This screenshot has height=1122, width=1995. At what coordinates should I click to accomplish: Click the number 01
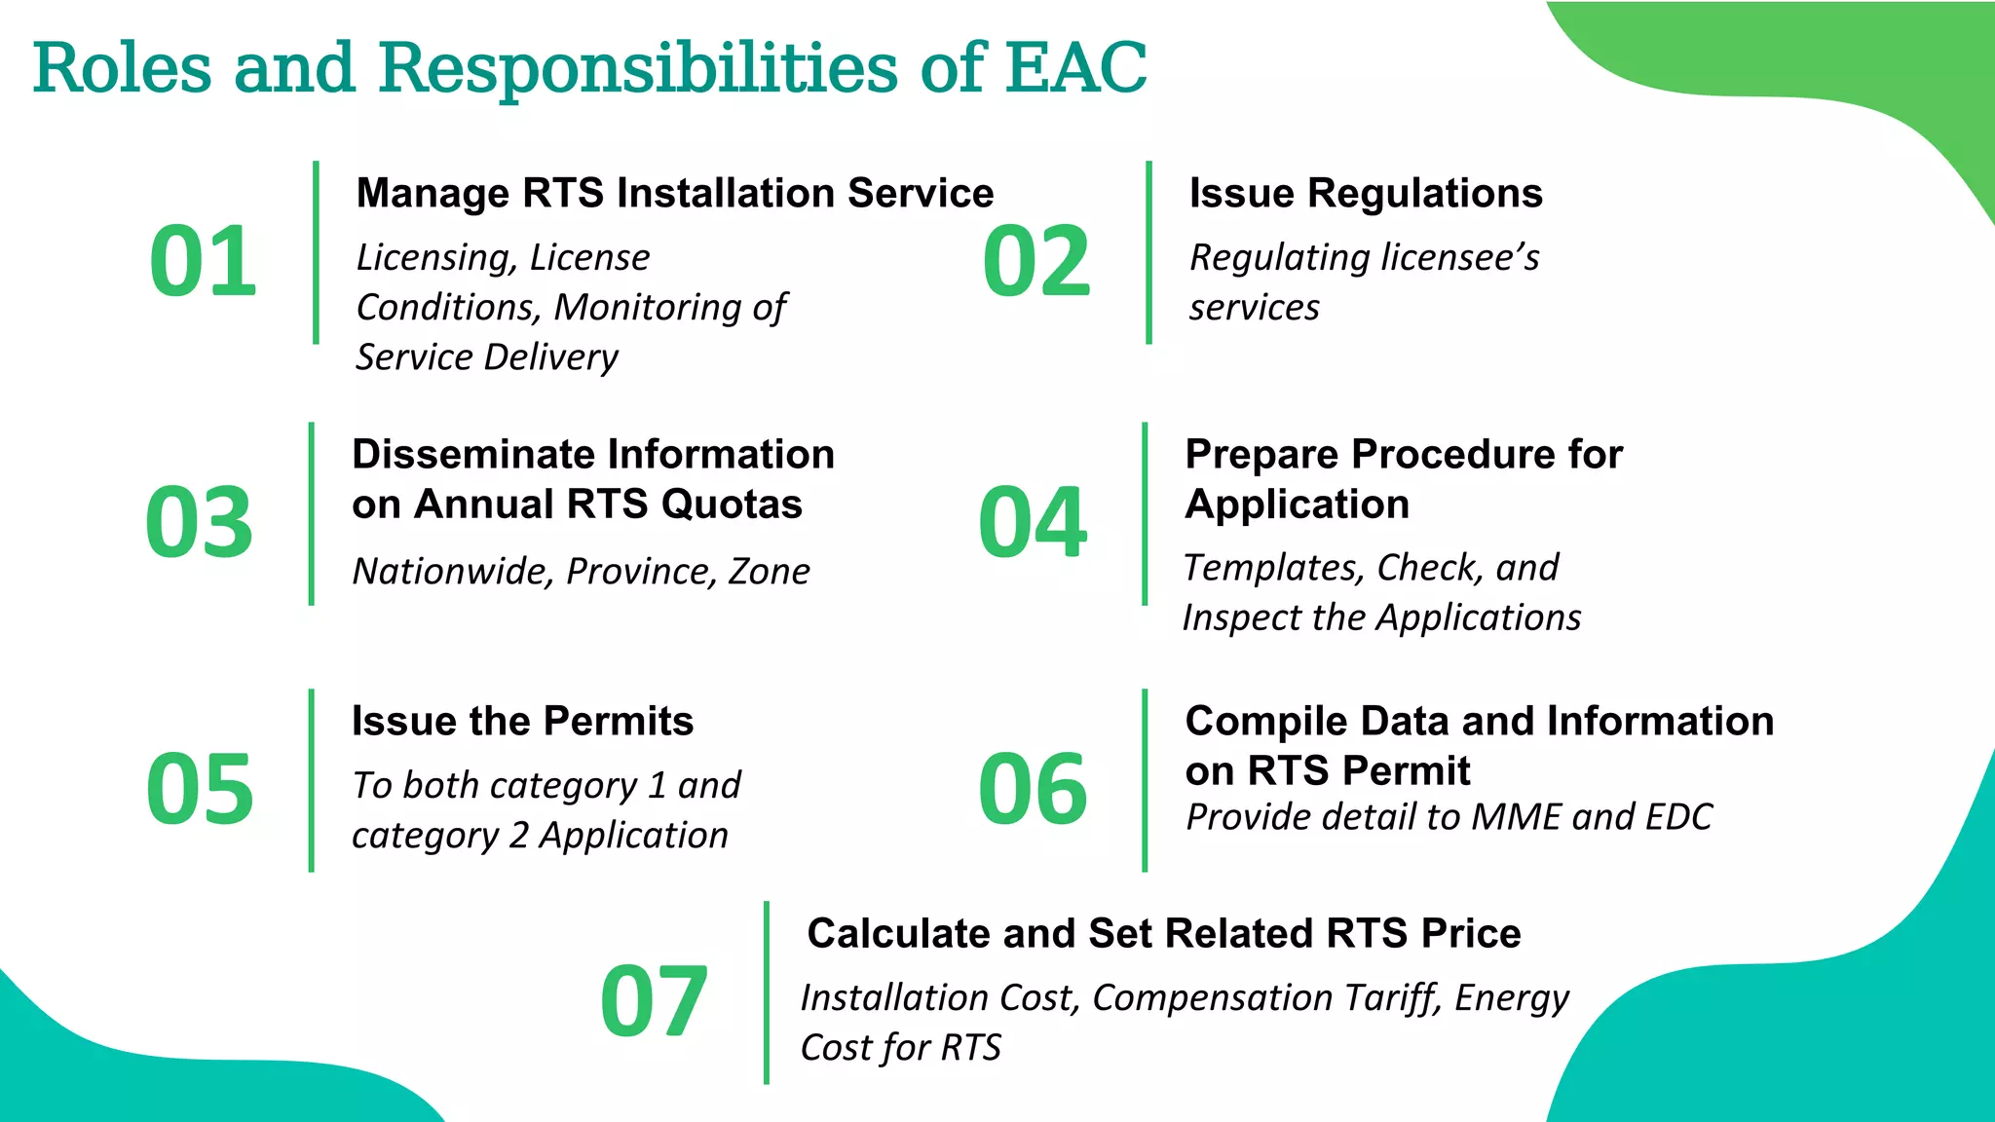[203, 261]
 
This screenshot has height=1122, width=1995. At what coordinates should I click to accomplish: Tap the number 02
[1035, 261]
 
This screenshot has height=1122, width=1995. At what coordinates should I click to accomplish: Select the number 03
[199, 523]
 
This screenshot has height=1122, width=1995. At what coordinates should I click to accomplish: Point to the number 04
[1033, 523]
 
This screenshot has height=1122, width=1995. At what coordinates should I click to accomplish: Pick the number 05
[200, 789]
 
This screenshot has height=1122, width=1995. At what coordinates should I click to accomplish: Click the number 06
[1033, 789]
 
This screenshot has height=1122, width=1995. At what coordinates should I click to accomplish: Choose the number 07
[654, 1001]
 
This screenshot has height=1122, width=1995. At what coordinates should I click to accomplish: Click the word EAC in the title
[1075, 68]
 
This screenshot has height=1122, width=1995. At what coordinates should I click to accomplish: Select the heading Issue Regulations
[1366, 193]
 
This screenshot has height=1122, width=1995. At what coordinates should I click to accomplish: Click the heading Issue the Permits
[522, 721]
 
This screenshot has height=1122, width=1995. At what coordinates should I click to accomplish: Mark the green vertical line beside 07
[767, 991]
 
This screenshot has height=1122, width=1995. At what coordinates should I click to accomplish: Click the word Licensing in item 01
[435, 258]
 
